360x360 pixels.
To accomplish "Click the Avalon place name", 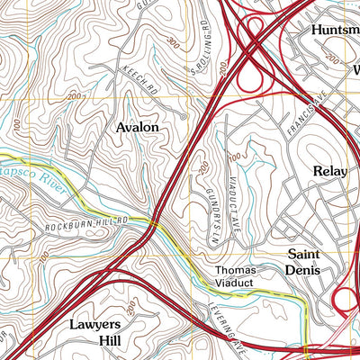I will coord(138,128).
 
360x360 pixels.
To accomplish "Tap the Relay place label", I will coord(329,171).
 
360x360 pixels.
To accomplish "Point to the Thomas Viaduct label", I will coord(235,276).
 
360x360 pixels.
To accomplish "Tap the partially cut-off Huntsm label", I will coord(334,30).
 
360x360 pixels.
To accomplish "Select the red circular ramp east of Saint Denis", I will coord(346,300).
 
